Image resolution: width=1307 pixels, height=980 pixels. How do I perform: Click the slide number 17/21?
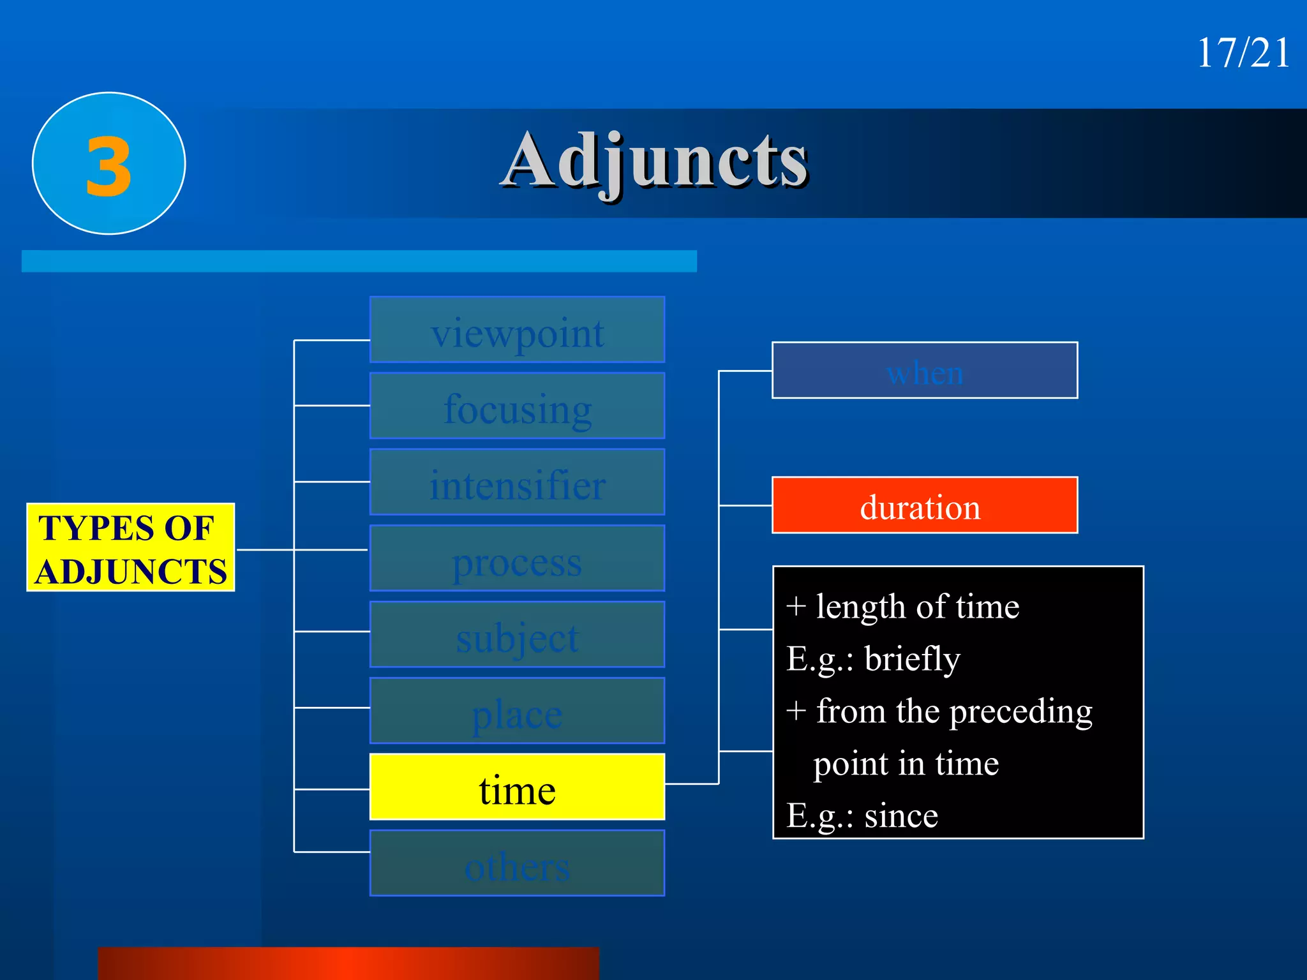pyautogui.click(x=1243, y=52)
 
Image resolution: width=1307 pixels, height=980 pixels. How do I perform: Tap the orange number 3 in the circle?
pyautogui.click(x=109, y=167)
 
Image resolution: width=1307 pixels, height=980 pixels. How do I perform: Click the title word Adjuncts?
pyautogui.click(x=655, y=161)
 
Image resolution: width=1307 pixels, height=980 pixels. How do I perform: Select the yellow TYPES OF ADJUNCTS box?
pyautogui.click(x=131, y=548)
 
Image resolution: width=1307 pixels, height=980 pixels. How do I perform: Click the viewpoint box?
pyautogui.click(x=517, y=330)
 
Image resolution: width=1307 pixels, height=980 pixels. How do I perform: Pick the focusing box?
pyautogui.click(x=517, y=406)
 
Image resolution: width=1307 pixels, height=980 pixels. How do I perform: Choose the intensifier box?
pyautogui.click(x=517, y=483)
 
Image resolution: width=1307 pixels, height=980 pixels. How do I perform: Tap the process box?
pyautogui.click(x=517, y=559)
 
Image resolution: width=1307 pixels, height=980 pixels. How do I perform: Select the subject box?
pyautogui.click(x=517, y=635)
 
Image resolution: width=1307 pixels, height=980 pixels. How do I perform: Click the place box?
pyautogui.click(x=517, y=711)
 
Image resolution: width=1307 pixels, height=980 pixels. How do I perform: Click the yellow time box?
pyautogui.click(x=517, y=787)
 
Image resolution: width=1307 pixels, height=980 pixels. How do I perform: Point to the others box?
pyautogui.click(x=517, y=864)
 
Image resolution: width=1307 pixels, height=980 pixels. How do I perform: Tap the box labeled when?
pyautogui.click(x=925, y=371)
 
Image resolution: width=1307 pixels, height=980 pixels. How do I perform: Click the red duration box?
pyautogui.click(x=925, y=506)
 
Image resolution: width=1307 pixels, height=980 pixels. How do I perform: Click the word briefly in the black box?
pyautogui.click(x=912, y=659)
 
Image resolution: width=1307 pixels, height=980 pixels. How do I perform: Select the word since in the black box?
pyautogui.click(x=900, y=816)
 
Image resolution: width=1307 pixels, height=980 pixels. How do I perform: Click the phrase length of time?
pyautogui.click(x=917, y=607)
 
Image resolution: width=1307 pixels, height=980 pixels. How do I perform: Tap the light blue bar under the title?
pyautogui.click(x=359, y=262)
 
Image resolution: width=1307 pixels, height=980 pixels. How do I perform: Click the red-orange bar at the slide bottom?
pyautogui.click(x=348, y=963)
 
